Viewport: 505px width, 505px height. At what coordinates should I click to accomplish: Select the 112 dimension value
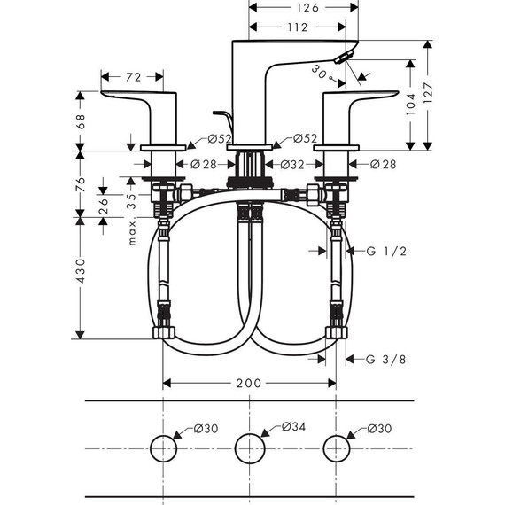pos(297,27)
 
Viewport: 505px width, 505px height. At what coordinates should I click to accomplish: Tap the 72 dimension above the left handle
pos(133,77)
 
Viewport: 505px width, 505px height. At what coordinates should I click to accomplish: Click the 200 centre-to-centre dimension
pos(249,383)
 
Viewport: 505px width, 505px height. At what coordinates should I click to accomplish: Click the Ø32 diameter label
pos(293,165)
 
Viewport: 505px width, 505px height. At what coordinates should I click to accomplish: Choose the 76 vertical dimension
pos(81,184)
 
